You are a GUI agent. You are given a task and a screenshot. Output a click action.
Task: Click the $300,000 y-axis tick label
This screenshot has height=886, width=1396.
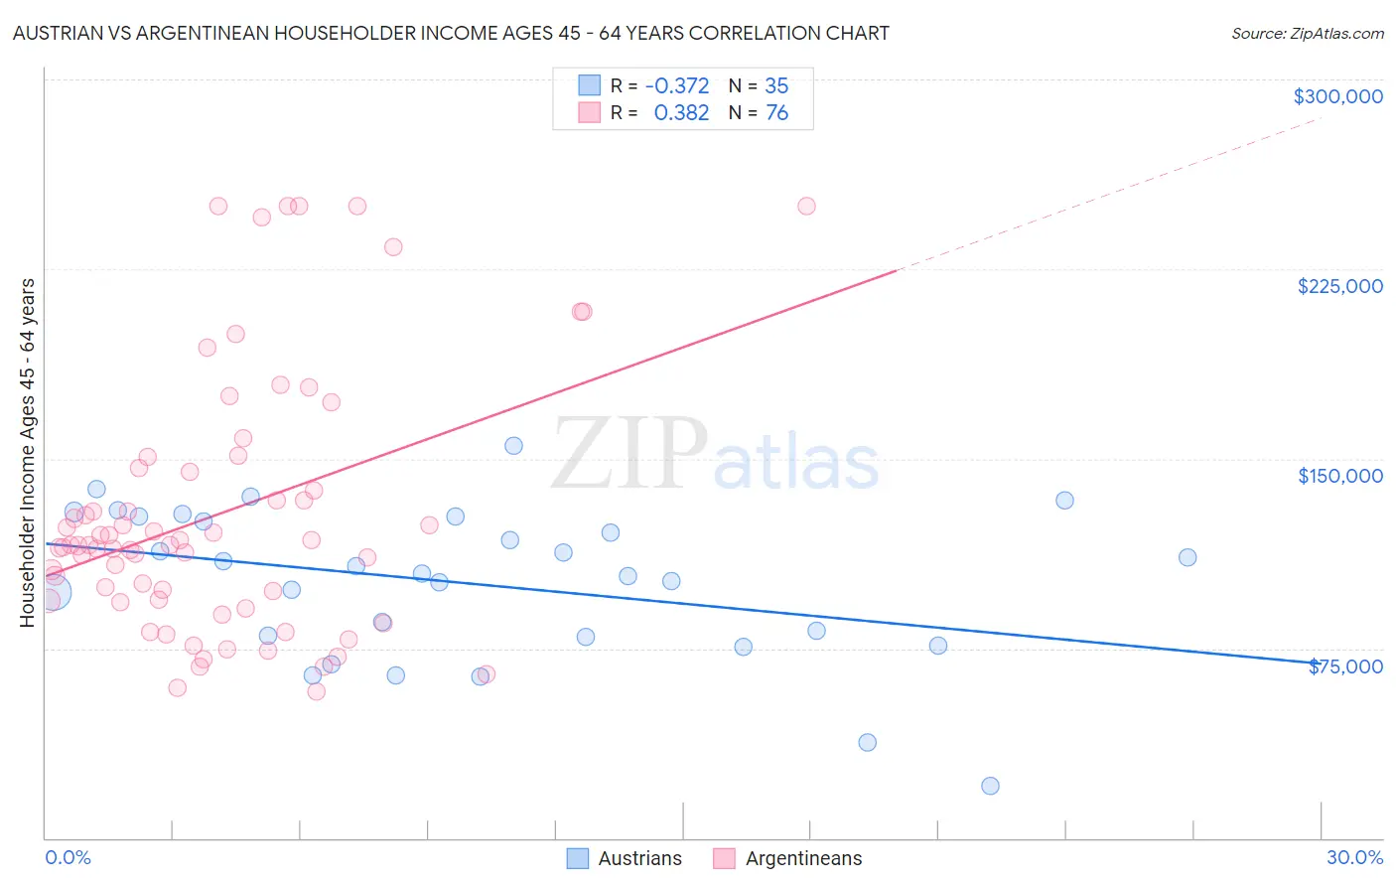coord(1337,96)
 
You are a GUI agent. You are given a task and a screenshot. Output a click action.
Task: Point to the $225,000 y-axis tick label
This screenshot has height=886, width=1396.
coord(1339,286)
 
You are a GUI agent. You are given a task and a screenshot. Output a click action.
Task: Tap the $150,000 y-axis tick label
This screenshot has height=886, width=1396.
coord(1339,476)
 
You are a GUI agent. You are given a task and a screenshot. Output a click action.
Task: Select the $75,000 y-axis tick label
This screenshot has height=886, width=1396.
coord(1345,666)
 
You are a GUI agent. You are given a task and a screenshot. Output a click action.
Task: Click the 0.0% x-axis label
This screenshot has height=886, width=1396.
coord(68,857)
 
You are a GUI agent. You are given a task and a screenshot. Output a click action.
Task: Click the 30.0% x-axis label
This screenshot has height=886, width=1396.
coord(1354,857)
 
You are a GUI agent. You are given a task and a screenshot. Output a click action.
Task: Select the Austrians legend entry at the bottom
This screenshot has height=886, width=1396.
coord(625,858)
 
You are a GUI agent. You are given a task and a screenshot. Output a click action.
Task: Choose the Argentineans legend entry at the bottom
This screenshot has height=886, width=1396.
coord(787,858)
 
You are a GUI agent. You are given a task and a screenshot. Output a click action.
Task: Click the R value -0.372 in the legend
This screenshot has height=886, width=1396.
coord(676,86)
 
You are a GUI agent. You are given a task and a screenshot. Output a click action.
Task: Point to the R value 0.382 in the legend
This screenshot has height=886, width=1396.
coord(681,113)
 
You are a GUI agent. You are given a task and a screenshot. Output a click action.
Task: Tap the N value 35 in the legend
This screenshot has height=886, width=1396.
coord(776,86)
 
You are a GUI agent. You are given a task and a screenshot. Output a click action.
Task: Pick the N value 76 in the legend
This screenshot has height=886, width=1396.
coord(776,113)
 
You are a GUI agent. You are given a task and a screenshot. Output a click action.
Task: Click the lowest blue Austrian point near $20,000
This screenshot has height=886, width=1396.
coord(990,786)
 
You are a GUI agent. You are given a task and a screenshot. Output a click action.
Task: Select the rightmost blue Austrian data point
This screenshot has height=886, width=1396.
coord(1187,557)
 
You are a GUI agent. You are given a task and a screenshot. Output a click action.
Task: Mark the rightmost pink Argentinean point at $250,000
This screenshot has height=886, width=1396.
coord(806,207)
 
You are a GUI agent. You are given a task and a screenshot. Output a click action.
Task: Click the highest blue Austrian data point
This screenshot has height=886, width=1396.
coord(513,446)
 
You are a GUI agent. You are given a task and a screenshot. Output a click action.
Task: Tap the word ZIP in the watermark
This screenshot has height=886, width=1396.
coord(628,455)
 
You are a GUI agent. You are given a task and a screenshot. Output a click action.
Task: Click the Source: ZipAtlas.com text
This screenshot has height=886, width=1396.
coord(1307,34)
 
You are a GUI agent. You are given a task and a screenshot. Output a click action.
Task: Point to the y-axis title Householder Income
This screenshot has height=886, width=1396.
coord(28,452)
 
